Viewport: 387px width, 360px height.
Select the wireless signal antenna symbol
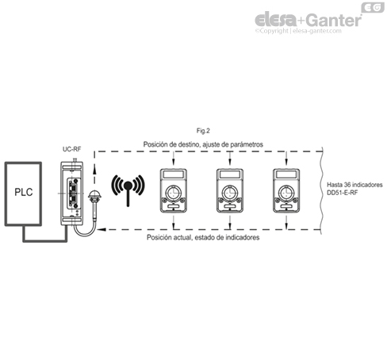[x=127, y=187]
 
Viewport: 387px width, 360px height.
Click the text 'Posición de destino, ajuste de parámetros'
[x=203, y=144]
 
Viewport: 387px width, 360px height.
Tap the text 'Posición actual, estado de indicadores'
[x=203, y=237]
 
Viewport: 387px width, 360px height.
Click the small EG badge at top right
[x=372, y=7]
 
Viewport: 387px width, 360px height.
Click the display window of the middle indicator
[x=228, y=175]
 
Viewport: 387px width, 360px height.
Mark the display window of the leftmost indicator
[x=172, y=175]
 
